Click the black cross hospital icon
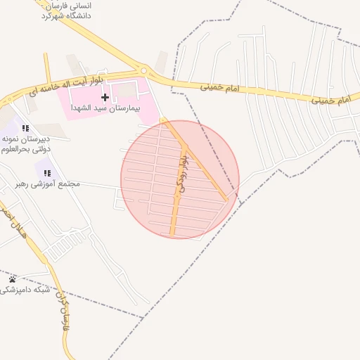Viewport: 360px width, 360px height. (x=105, y=96)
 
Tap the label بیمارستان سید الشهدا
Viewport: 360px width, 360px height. (x=110, y=110)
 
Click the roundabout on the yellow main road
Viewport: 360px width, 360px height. (x=144, y=70)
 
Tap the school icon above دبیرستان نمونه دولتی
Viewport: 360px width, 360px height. (x=25, y=128)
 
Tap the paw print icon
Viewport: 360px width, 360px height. (x=11, y=279)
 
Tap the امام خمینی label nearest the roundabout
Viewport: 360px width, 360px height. (x=220, y=88)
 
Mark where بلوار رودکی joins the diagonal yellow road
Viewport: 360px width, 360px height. (x=185, y=146)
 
